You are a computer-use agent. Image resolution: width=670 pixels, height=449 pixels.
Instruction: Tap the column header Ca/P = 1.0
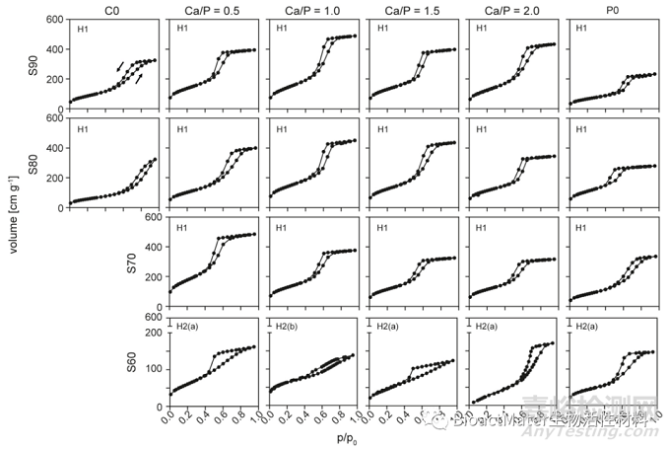coord(310,9)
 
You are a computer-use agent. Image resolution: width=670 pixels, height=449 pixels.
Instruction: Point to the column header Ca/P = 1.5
coord(410,9)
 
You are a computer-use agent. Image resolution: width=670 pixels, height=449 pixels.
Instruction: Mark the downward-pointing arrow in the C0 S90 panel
coord(121,65)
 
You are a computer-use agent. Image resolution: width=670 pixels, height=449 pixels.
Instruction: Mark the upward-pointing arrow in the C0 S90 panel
coord(138,78)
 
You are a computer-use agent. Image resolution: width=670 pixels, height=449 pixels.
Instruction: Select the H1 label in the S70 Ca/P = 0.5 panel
coord(182,228)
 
